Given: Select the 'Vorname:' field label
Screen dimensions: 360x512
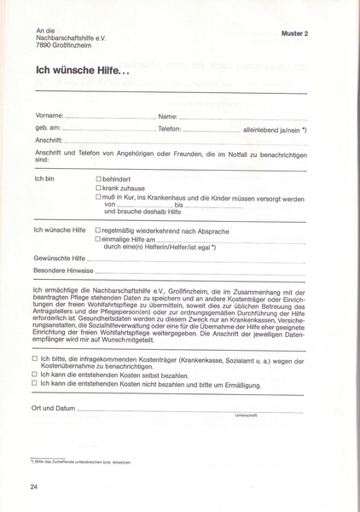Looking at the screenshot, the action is pyautogui.click(x=49, y=114).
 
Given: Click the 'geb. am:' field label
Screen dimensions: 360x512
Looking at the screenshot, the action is pyautogui.click(x=48, y=128).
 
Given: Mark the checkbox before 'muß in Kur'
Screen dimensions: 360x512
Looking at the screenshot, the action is pyautogui.click(x=99, y=197).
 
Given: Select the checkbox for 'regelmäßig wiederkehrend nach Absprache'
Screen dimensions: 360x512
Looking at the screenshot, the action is pyautogui.click(x=99, y=230).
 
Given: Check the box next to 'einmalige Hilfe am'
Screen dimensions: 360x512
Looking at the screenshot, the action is pyautogui.click(x=99, y=240).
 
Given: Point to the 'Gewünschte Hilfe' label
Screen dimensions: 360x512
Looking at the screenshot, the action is pyautogui.click(x=61, y=257).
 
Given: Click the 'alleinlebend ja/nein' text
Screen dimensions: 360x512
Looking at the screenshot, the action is pyautogui.click(x=272, y=128).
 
